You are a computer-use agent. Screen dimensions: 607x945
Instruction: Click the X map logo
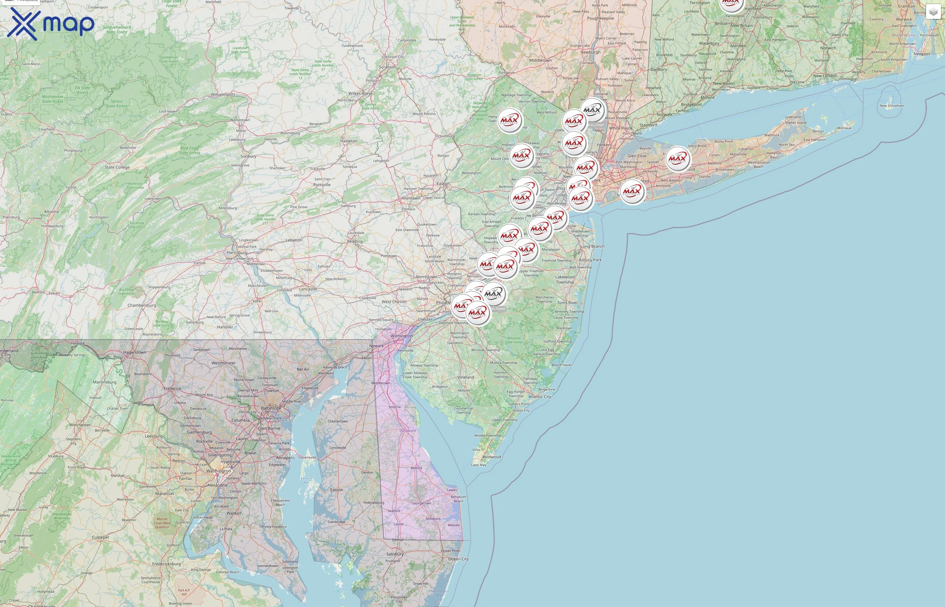(x=51, y=24)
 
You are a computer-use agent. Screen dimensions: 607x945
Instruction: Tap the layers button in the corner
(x=933, y=12)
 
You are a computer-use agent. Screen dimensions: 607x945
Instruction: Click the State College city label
(x=117, y=167)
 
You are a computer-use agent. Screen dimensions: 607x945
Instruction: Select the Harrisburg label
(x=237, y=253)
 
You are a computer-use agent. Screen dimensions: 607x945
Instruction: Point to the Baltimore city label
(x=271, y=408)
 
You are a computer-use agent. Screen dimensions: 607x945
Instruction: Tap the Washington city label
(x=218, y=471)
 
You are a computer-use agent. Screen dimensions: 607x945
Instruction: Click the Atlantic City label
(x=540, y=397)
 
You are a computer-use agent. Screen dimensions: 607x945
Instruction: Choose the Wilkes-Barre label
(x=360, y=93)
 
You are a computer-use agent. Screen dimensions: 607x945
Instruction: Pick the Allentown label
(x=411, y=198)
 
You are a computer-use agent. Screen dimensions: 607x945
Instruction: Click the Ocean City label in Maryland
(x=458, y=559)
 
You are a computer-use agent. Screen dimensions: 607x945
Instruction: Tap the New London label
(x=825, y=76)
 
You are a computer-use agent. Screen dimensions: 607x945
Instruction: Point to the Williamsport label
(x=223, y=95)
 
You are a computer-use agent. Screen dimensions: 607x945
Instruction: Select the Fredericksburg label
(x=166, y=564)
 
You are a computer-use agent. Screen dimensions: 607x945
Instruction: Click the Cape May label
(x=479, y=465)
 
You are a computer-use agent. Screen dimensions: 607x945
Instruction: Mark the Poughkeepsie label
(x=600, y=18)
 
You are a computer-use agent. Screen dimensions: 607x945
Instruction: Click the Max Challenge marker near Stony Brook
(x=678, y=158)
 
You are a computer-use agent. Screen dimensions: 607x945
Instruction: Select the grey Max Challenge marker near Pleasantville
(x=592, y=110)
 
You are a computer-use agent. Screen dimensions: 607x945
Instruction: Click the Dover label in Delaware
(x=408, y=430)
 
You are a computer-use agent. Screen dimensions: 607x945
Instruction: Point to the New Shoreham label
(x=892, y=106)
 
